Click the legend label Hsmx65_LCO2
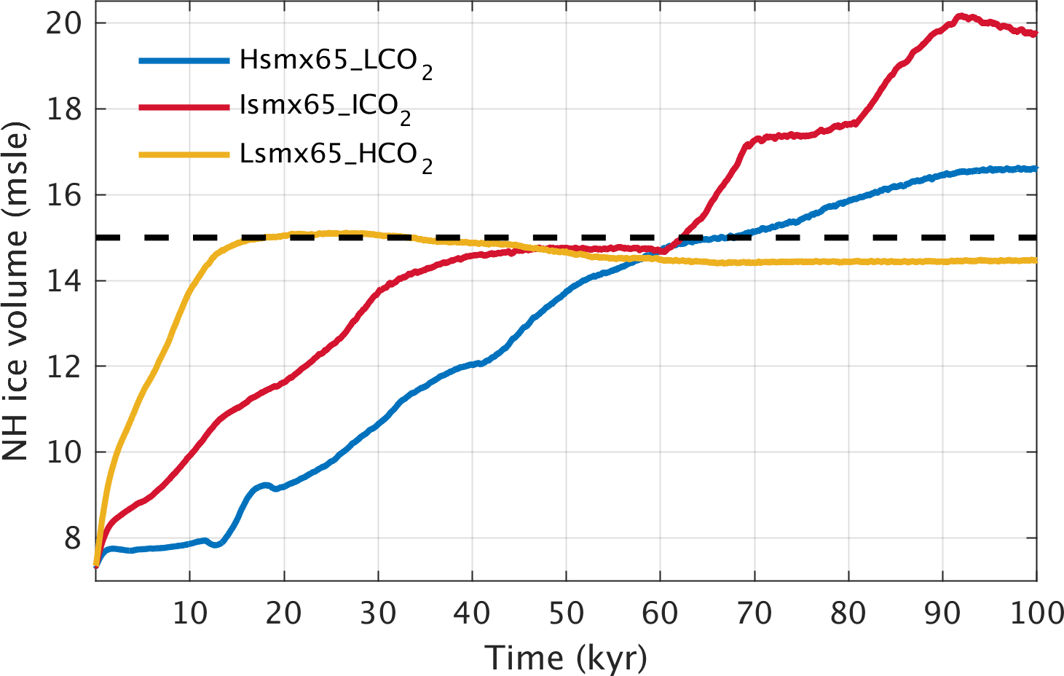(x=335, y=61)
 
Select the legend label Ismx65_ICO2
(x=325, y=107)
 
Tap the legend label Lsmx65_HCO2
(x=335, y=155)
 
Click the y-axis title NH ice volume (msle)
(x=16, y=291)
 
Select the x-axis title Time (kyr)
(x=566, y=658)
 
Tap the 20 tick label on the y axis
(x=63, y=23)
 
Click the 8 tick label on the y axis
(x=73, y=538)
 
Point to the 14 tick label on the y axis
(x=63, y=280)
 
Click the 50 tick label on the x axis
(x=566, y=614)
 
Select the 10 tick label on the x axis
(x=189, y=614)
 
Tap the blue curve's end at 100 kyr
(x=1036, y=168)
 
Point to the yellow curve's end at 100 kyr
(x=1036, y=260)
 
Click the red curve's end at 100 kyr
(x=1036, y=34)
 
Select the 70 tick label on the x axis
(x=754, y=614)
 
